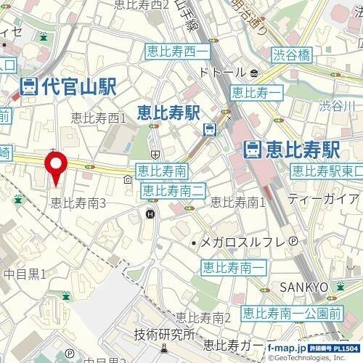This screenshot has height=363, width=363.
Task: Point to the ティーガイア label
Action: pos(322,197)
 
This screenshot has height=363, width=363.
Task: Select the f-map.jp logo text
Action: pos(288,349)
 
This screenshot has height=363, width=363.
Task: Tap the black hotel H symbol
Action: pos(150,213)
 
